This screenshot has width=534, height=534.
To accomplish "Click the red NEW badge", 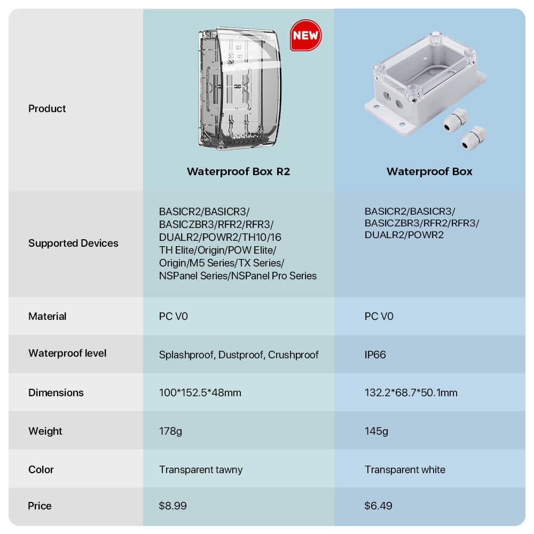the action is click(x=305, y=35).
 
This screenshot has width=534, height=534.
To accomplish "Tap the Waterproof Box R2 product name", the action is click(x=238, y=171).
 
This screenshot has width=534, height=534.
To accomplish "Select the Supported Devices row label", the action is click(x=73, y=243).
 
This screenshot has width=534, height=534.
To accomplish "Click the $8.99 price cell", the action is click(x=172, y=506).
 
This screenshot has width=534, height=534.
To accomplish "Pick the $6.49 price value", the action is click(x=379, y=506).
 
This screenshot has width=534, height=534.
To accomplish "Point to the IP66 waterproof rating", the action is click(x=375, y=355).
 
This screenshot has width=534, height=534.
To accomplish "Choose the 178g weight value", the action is click(x=170, y=431).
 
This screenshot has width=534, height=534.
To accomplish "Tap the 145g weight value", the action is click(x=376, y=431).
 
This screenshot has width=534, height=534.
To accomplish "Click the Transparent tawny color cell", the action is click(x=201, y=469).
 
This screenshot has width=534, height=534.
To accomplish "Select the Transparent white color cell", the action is click(x=405, y=469).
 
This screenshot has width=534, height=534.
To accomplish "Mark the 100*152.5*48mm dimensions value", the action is click(x=200, y=392).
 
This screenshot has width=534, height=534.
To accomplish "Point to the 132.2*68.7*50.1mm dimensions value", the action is click(x=411, y=392).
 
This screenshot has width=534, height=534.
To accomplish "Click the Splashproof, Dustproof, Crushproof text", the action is click(x=239, y=355).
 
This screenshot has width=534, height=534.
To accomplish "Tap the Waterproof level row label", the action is click(x=67, y=353).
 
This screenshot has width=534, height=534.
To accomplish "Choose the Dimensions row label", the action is click(x=56, y=392).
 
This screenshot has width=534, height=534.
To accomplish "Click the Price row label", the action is click(x=40, y=506).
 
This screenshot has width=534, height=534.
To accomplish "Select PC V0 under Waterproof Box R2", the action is click(x=174, y=316).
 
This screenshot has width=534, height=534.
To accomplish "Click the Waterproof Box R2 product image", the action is click(x=240, y=88).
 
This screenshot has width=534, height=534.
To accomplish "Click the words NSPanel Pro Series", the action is click(x=274, y=276).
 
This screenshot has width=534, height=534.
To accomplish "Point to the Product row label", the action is click(x=47, y=108).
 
